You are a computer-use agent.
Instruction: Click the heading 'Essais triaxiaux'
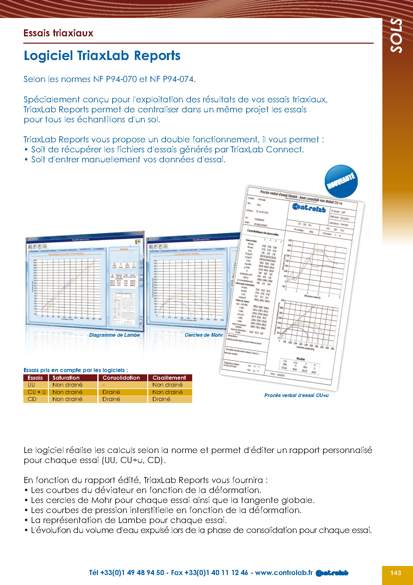coord(58,33)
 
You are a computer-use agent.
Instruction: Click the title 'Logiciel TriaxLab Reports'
coord(102,56)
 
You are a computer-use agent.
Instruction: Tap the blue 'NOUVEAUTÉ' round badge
coord(341,181)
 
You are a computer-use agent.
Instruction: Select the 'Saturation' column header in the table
coord(66,378)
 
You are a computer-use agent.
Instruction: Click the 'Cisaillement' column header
coord(169,378)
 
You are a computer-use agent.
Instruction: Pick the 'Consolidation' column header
coord(121,378)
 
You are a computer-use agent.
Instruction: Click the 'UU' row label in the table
coord(31,385)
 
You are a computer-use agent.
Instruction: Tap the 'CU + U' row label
coord(36,392)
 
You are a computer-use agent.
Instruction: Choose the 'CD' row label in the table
coord(32,399)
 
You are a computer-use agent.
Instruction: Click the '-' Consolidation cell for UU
coord(104,385)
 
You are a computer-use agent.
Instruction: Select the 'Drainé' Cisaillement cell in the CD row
coord(161,399)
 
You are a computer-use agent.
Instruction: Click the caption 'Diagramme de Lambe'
coord(114,335)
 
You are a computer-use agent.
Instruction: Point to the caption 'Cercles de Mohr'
coord(204,335)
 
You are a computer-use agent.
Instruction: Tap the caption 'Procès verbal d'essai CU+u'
coord(296,395)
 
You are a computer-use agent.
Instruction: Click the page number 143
coord(396,573)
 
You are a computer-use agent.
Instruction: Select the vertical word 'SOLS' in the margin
coord(396,35)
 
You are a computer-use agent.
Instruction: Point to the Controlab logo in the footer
coord(332,573)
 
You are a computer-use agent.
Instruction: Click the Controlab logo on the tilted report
coord(309,208)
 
